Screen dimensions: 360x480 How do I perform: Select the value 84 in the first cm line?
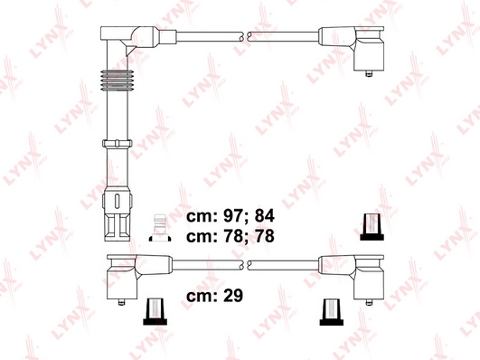pyautogui.click(x=262, y=216)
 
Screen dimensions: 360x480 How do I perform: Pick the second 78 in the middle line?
pyautogui.click(x=262, y=237)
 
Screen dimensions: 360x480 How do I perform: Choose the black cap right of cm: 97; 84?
pyautogui.click(x=369, y=226)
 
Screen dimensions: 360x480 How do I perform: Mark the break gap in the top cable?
pyautogui.click(x=244, y=36)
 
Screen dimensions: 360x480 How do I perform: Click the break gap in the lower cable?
pyautogui.click(x=244, y=266)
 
